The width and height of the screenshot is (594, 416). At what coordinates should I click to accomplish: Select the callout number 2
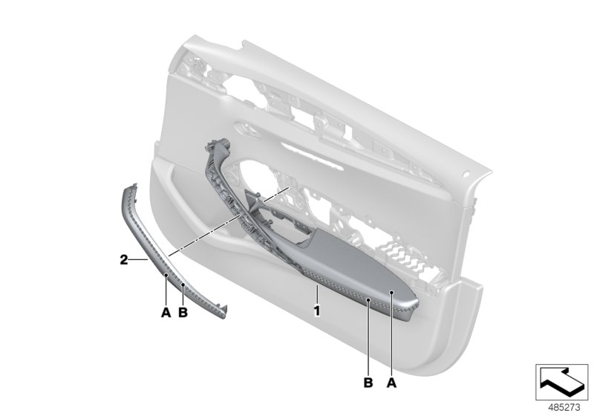(x=123, y=260)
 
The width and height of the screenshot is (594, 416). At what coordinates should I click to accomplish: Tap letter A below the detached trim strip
(x=166, y=313)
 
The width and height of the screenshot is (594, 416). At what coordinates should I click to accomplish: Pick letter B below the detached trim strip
(x=183, y=313)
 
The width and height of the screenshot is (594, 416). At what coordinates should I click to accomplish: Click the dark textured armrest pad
(x=349, y=275)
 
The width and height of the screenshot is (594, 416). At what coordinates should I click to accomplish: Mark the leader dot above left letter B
(x=183, y=285)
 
